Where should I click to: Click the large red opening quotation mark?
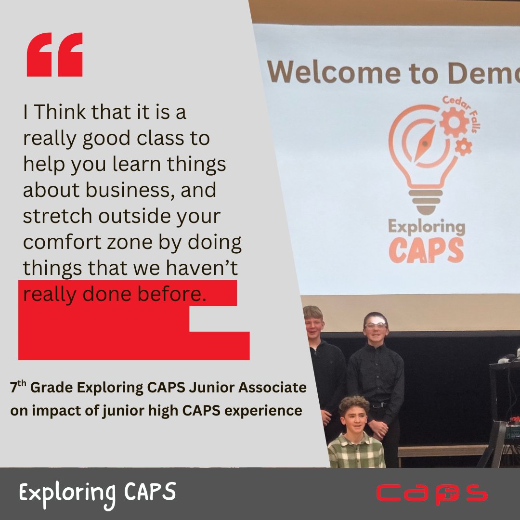tap(54, 55)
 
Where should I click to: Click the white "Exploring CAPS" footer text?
tap(98, 493)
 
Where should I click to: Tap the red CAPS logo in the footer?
tap(431, 494)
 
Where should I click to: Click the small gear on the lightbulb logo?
tap(463, 146)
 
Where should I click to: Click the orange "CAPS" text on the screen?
tap(426, 250)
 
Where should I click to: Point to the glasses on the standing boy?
tap(376, 326)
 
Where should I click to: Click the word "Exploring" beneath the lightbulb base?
tap(427, 226)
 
